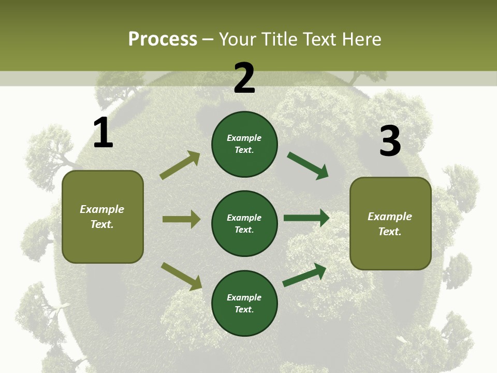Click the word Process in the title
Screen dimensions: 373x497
coord(163,39)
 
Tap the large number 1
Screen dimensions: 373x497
coord(103,133)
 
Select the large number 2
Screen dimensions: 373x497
coord(244,78)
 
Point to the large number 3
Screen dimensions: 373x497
coord(390,141)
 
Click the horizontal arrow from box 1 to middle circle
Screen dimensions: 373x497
coord(181,219)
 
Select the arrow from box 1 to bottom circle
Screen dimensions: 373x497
coord(181,276)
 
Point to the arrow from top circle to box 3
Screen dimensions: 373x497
coord(308,166)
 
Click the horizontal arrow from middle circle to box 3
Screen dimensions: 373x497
coord(306,218)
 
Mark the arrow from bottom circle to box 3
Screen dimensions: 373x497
coord(304,275)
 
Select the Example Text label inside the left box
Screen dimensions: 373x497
coord(102,217)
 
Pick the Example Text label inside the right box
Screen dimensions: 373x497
coord(390,224)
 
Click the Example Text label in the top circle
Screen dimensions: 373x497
coord(244,144)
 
